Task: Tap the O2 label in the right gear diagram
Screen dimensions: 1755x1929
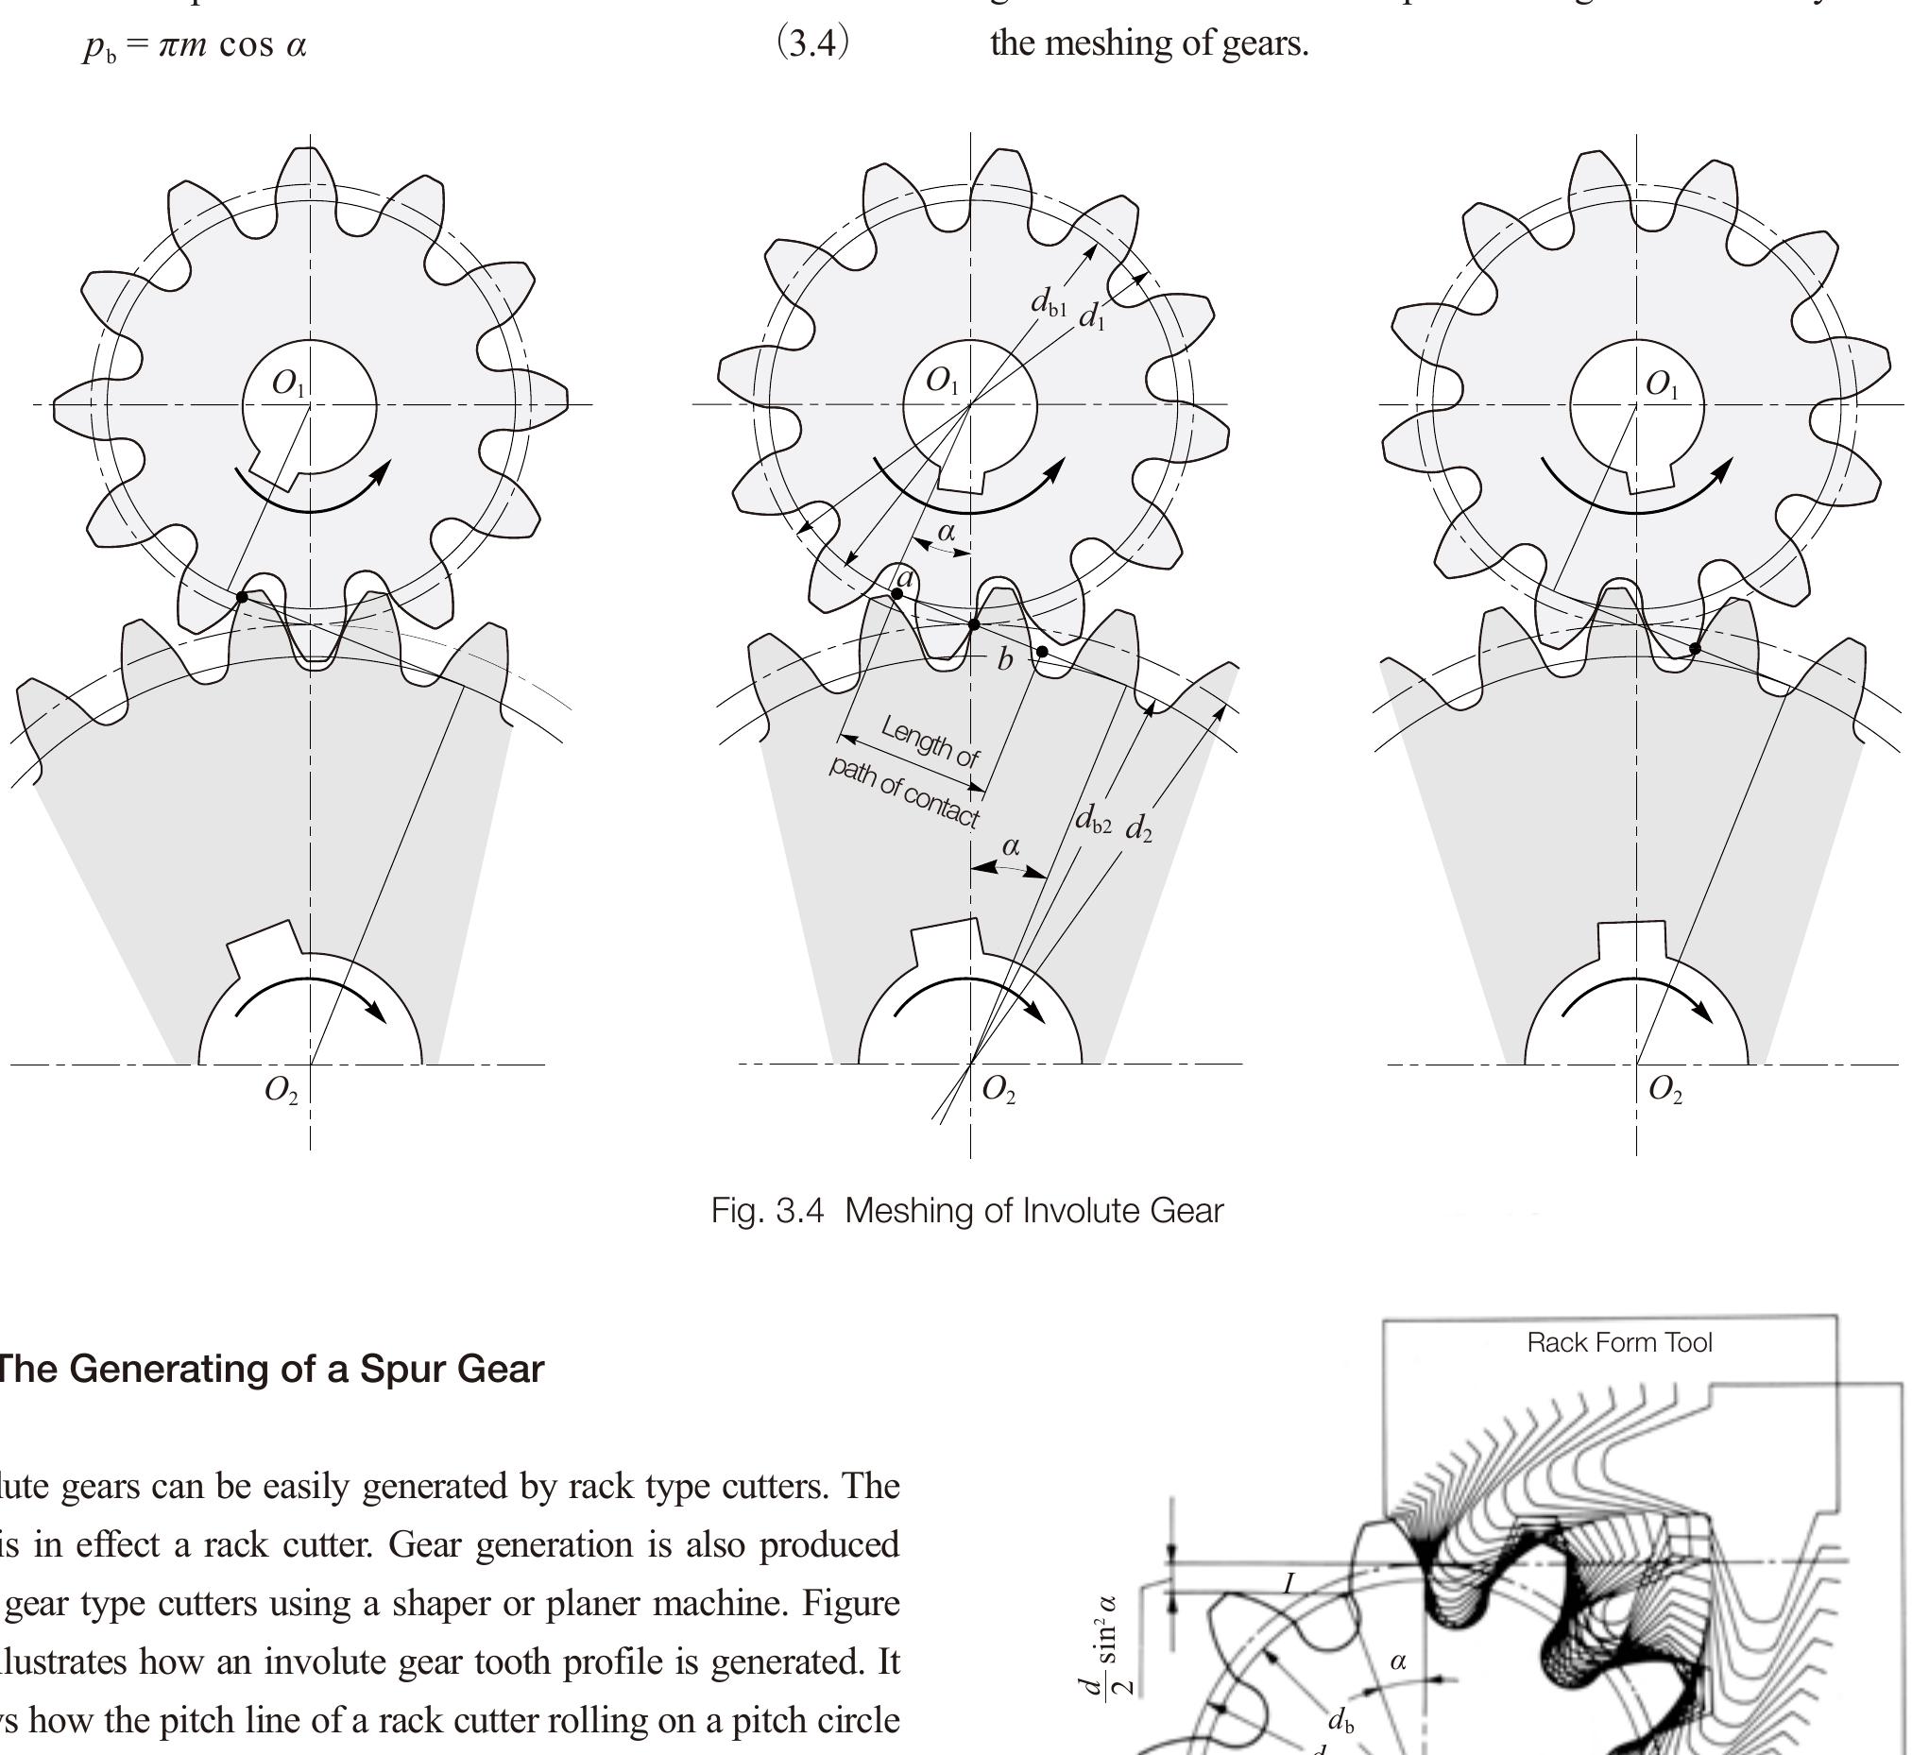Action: [1665, 1090]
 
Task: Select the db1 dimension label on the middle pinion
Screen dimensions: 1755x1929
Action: [1048, 302]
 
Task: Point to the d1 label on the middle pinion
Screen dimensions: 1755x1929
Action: [1092, 315]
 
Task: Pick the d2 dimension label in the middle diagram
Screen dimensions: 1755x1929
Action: [1137, 827]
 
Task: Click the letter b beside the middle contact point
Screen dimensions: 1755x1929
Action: [1005, 659]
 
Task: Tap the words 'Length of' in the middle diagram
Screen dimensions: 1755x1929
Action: [930, 741]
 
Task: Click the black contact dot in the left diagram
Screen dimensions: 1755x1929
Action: [242, 597]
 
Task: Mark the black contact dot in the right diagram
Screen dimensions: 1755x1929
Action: [1695, 649]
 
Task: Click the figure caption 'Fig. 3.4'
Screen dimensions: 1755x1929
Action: [766, 1212]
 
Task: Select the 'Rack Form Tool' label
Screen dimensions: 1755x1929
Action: [1619, 1342]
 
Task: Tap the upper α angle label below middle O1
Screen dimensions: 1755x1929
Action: [946, 531]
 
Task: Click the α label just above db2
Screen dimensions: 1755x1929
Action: [1011, 846]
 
